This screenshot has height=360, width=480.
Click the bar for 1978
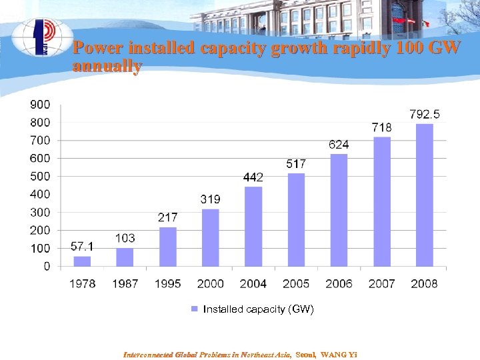[82, 261]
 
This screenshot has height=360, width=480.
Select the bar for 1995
[168, 247]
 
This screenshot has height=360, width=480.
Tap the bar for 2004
[253, 227]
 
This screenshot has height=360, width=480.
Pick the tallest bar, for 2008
[425, 195]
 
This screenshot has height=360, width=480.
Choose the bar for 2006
[339, 210]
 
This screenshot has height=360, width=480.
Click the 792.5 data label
[425, 115]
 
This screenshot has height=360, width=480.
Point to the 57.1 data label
[82, 247]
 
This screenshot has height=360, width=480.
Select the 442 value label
[253, 177]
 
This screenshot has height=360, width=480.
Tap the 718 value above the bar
[381, 127]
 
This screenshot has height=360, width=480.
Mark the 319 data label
[211, 199]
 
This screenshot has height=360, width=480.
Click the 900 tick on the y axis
[39, 104]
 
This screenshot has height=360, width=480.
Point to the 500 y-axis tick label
[39, 176]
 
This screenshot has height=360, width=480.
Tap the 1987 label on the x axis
[125, 283]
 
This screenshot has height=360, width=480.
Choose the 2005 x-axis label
[296, 283]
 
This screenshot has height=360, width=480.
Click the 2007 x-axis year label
[381, 283]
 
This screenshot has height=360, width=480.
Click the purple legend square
[195, 309]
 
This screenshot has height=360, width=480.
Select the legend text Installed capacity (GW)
[258, 309]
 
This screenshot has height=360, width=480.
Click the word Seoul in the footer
[305, 354]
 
